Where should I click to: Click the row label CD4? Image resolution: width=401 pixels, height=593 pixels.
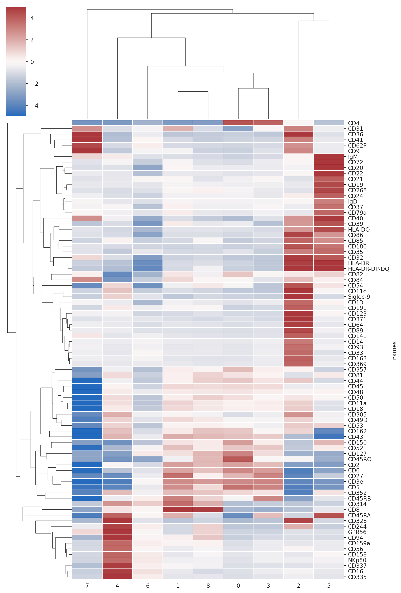click(354, 123)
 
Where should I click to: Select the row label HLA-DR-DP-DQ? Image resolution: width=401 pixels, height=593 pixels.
click(368, 269)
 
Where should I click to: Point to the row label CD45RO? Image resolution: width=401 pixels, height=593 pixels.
click(359, 459)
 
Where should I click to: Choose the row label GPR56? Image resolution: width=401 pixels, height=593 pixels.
click(357, 532)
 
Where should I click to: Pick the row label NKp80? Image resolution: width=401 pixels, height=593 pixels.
click(357, 560)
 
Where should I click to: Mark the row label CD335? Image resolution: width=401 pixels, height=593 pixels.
click(357, 577)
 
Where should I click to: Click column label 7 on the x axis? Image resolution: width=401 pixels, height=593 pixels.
click(87, 586)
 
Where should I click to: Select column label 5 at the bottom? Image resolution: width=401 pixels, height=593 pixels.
click(329, 586)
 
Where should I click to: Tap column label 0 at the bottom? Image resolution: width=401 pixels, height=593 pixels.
click(238, 586)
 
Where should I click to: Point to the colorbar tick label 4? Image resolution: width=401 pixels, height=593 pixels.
click(32, 18)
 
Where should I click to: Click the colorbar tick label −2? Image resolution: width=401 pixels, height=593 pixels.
click(34, 84)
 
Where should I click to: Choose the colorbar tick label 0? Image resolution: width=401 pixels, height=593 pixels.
click(32, 62)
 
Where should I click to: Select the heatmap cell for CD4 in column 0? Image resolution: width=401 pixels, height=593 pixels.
click(238, 123)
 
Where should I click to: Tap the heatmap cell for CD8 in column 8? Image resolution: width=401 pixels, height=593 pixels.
click(208, 510)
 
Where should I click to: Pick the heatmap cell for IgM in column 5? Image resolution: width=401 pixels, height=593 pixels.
click(329, 157)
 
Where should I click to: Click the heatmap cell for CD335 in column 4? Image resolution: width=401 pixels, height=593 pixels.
click(117, 577)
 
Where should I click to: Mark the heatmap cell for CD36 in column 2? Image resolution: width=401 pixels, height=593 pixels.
click(298, 134)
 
